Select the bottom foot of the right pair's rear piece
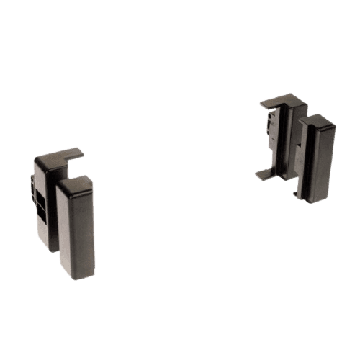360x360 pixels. point(266,173)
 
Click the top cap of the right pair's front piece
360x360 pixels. point(317,120)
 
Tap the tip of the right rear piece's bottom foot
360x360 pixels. point(256,175)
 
